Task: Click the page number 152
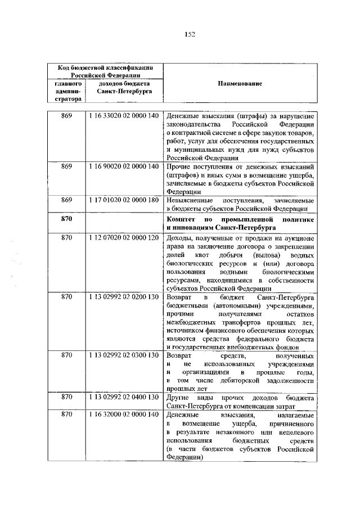[190, 35]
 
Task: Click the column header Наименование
[239, 83]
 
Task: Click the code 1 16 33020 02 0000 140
[123, 116]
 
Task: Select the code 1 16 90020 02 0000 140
[123, 167]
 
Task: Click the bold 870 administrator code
[67, 217]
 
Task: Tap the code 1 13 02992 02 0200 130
[123, 296]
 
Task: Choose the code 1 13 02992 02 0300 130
[123, 355]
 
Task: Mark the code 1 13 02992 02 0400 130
[123, 397]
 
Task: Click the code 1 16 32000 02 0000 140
[123, 415]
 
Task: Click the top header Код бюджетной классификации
[106, 67]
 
